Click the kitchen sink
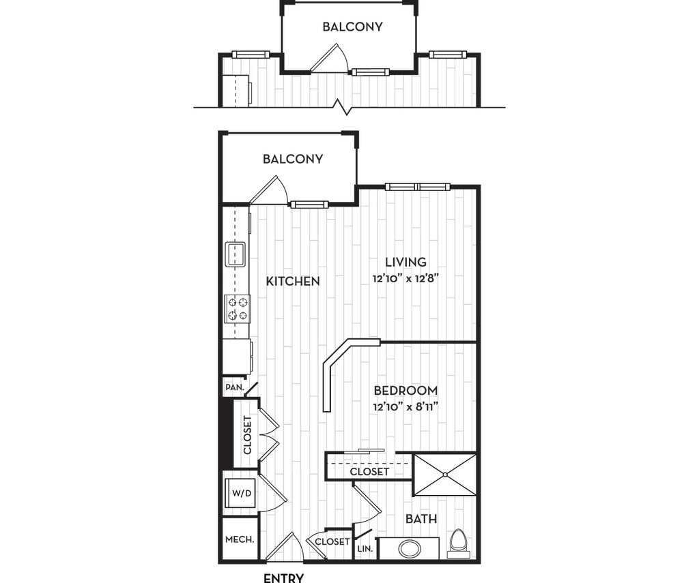(x=236, y=254)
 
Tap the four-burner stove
(x=237, y=309)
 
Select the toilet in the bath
(x=458, y=544)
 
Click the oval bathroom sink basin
(x=409, y=548)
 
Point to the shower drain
(x=445, y=475)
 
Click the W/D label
(x=242, y=493)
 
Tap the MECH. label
(x=240, y=539)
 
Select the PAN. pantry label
(x=235, y=387)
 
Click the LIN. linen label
(x=365, y=549)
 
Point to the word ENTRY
(x=284, y=578)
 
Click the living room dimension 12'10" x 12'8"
(x=406, y=279)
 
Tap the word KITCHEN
(x=293, y=282)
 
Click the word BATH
(x=421, y=519)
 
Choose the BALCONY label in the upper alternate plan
(x=353, y=27)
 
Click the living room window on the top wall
(x=418, y=187)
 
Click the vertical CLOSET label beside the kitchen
(x=247, y=434)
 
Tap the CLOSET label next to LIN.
(x=332, y=541)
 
